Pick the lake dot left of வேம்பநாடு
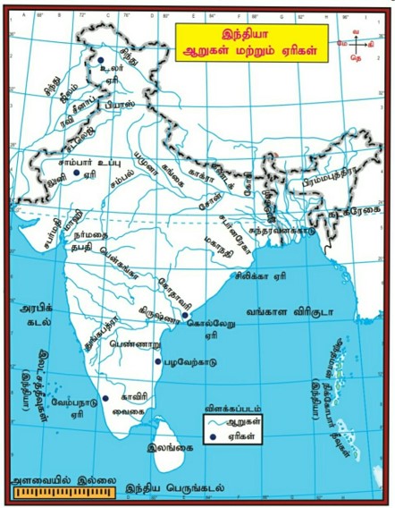click(x=105, y=397)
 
